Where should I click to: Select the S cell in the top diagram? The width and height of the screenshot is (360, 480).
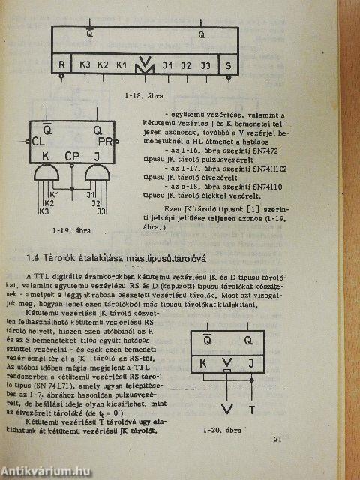[x=228, y=65]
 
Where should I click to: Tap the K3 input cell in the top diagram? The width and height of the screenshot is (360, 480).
[x=85, y=64]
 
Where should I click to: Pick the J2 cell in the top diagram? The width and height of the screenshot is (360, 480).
[x=187, y=65]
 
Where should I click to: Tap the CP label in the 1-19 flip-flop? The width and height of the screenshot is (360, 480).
[x=72, y=157]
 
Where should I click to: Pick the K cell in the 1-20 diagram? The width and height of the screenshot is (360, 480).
[x=202, y=363]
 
